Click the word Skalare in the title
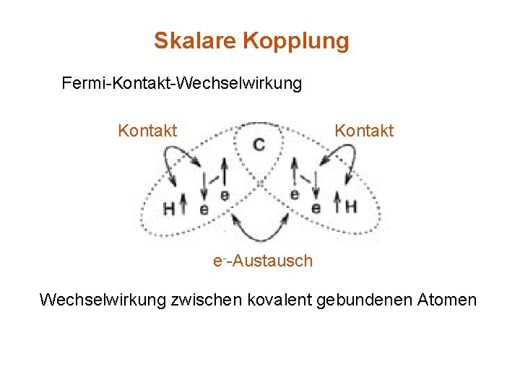(x=195, y=40)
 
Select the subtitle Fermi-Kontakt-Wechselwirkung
(x=182, y=84)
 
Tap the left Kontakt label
(x=147, y=131)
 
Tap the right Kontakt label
(x=364, y=131)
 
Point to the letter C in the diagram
(x=259, y=145)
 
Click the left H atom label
(x=168, y=208)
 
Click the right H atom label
(x=351, y=207)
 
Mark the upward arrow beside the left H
(x=183, y=205)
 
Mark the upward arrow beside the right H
(x=336, y=204)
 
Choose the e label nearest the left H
(x=203, y=209)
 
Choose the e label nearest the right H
(x=316, y=208)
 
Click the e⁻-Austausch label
(x=263, y=261)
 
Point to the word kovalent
(x=277, y=299)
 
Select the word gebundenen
(x=365, y=299)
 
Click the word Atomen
(x=447, y=299)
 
